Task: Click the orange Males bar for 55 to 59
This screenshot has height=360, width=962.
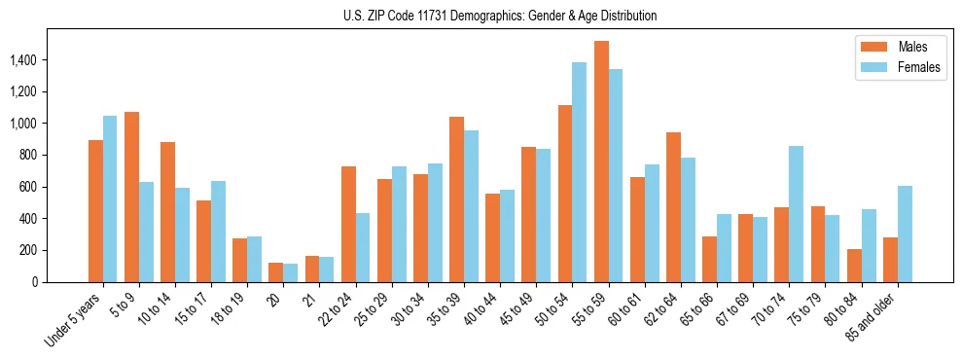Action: click(601, 162)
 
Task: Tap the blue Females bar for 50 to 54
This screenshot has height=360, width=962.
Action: click(580, 172)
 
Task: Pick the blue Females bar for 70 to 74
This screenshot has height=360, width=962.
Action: click(796, 214)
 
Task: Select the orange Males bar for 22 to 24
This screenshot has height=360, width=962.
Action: click(348, 224)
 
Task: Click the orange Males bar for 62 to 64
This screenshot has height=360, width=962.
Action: click(673, 207)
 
